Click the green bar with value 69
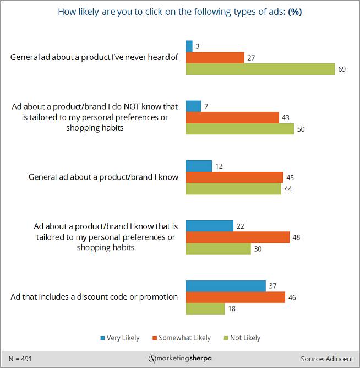260,69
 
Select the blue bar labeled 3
189,46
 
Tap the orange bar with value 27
215,57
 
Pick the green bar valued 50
240,129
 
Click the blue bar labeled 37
226,286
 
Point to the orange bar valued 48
238,237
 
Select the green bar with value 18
205,309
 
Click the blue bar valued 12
199,166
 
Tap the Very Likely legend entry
121,338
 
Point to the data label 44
288,189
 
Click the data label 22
241,226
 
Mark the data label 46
292,297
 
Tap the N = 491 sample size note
21,358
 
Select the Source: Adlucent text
327,358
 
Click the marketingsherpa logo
180,359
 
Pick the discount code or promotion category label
94,297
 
